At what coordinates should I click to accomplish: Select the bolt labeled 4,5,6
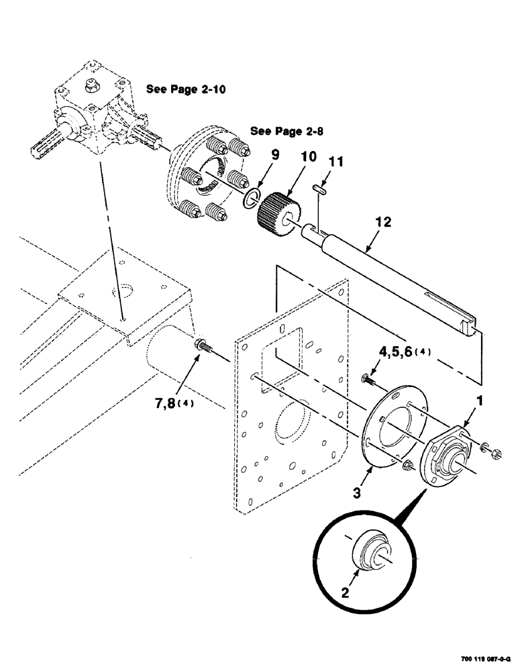pos(368,380)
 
